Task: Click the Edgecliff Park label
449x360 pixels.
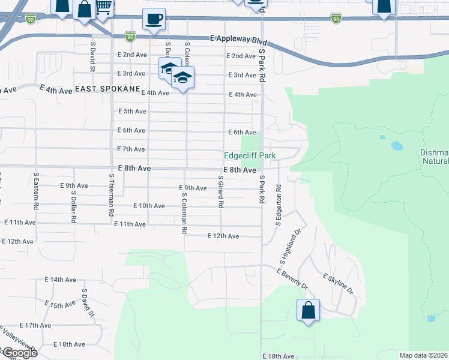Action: coord(250,155)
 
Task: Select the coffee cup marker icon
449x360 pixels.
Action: coord(154,19)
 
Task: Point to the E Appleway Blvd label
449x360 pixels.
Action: coord(238,38)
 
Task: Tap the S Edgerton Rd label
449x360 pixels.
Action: coord(279,205)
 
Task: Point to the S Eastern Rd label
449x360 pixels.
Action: coord(37,191)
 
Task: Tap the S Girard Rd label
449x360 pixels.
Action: coord(221,192)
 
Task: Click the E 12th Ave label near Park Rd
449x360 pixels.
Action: coord(223,236)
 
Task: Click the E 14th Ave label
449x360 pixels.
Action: coord(61,280)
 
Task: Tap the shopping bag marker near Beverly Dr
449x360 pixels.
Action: coord(308,311)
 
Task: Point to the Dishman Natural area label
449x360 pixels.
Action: coord(435,157)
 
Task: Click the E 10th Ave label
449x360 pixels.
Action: coord(149,206)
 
